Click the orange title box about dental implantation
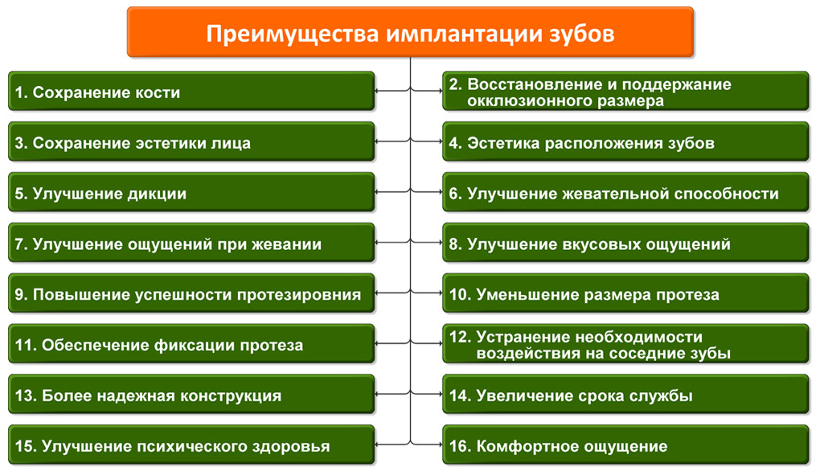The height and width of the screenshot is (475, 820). [411, 32]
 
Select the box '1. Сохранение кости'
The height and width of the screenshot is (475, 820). [191, 92]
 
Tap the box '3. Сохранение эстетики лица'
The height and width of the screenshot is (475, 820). [191, 142]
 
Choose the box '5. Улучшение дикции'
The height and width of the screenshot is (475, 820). [191, 192]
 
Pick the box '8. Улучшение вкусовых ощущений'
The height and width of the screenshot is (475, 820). [625, 243]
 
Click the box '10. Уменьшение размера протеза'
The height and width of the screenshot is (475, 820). [625, 293]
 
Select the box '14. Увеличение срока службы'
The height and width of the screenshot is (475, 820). [625, 395]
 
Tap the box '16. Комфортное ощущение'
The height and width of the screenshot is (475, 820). [625, 445]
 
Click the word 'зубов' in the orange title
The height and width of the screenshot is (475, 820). [581, 34]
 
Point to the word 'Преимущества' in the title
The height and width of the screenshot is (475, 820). [293, 35]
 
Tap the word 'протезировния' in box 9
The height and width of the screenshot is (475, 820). [299, 295]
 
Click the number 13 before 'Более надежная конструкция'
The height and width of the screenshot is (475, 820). [26, 395]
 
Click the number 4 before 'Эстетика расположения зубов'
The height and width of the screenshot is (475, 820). [455, 143]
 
